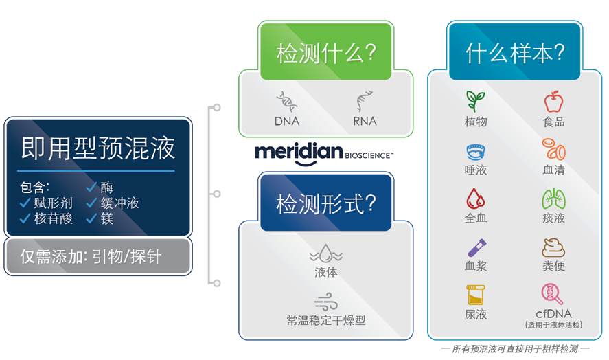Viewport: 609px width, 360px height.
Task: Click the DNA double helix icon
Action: tap(286, 102)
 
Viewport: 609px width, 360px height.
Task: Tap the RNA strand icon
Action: tap(364, 102)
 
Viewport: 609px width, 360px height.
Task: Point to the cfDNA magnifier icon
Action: tap(553, 294)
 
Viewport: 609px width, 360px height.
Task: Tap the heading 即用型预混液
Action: tap(97, 147)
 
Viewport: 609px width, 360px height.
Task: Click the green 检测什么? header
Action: tap(325, 54)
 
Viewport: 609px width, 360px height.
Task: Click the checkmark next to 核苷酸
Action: tap(25, 218)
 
